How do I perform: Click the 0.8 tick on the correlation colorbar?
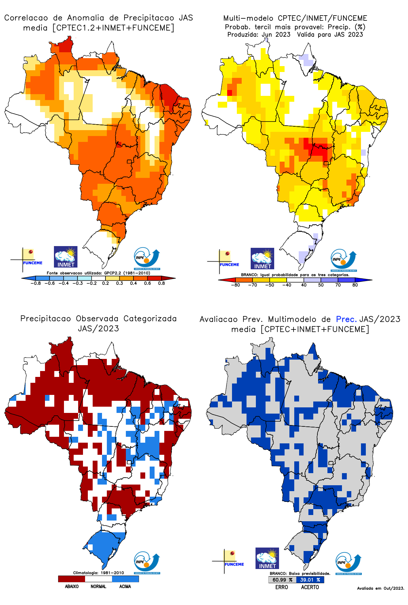pos(161,283)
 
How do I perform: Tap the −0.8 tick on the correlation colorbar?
pos(36,283)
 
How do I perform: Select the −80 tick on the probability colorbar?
pos(235,285)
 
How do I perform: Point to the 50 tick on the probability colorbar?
pos(321,285)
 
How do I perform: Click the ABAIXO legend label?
pos(72,586)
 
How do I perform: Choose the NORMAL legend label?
pos(98,586)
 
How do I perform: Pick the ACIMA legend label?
pos(125,586)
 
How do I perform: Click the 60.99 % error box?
pos(282,580)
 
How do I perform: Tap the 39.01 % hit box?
pos(310,580)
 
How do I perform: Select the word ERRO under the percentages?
pos(282,587)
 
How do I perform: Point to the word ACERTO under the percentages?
pos(310,587)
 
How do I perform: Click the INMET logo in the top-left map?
pos(66,257)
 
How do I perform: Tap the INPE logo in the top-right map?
pos(343,260)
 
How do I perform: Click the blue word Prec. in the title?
pos(346,319)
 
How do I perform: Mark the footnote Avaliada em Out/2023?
pos(380,588)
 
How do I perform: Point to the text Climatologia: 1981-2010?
pos(98,573)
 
